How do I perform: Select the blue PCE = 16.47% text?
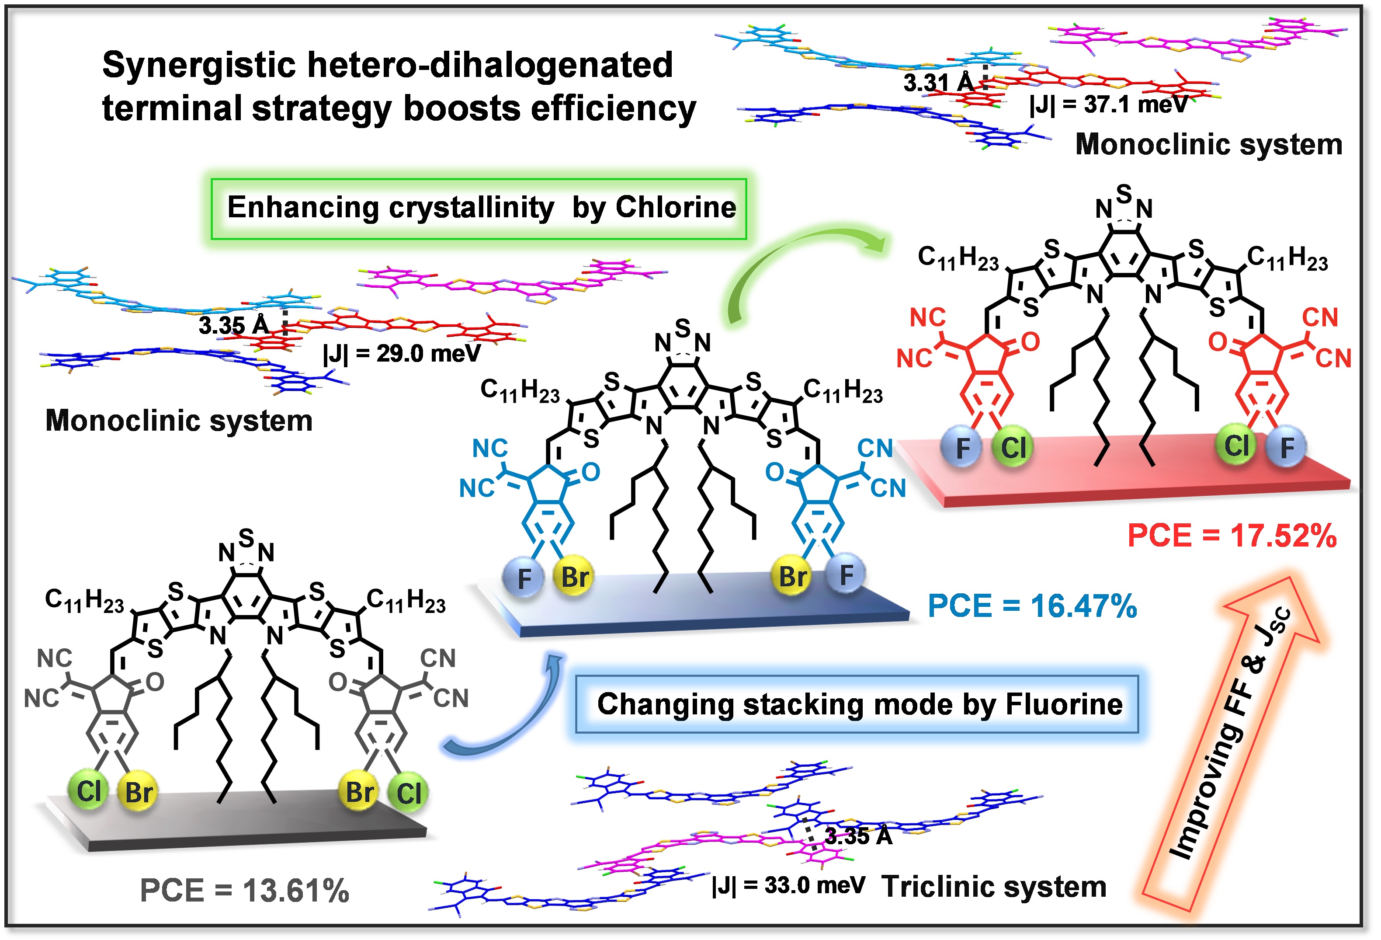[x=1032, y=606]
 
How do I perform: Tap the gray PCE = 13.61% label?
[x=244, y=890]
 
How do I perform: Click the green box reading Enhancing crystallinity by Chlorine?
[x=479, y=208]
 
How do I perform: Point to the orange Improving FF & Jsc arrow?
[x=1230, y=743]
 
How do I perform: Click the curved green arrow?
[x=796, y=261]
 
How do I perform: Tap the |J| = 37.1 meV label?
[x=1108, y=104]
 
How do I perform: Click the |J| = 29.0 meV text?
[x=401, y=353]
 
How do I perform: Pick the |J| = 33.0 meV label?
[x=788, y=885]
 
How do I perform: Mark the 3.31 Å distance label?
[x=938, y=83]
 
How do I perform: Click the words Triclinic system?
[x=993, y=887]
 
